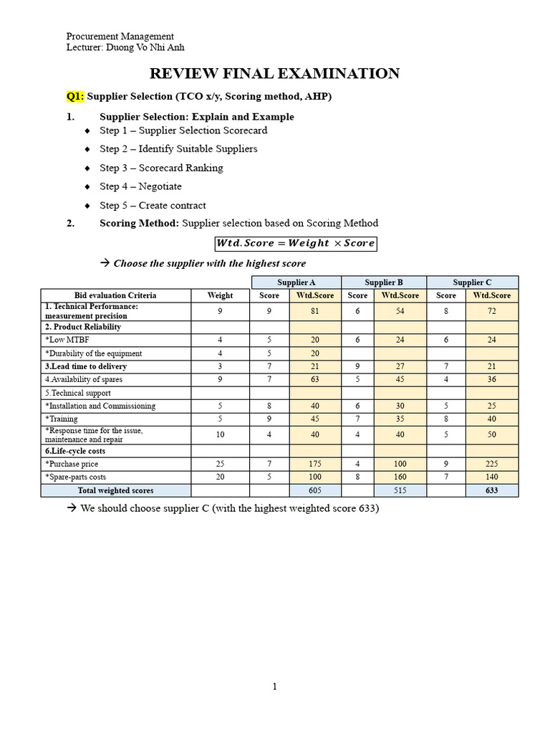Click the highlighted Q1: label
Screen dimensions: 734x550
click(75, 96)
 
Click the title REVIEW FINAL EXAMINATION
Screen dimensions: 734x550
click(274, 73)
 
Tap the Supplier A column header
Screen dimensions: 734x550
click(296, 282)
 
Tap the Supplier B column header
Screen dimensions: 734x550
click(384, 282)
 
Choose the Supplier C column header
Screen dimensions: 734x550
click(472, 282)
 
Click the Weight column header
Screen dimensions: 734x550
click(220, 295)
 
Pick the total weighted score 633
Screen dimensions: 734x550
click(491, 490)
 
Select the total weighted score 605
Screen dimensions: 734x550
click(315, 490)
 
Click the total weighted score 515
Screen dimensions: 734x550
click(400, 490)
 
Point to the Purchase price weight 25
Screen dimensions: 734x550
click(220, 464)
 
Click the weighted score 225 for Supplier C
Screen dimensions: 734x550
click(491, 464)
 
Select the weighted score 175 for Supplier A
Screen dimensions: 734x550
click(315, 464)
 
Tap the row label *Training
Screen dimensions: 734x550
click(62, 419)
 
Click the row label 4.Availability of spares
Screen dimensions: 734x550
click(84, 379)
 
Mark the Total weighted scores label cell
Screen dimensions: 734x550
click(115, 490)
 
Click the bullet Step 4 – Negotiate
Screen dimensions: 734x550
click(140, 186)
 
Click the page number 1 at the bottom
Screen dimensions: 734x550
click(274, 687)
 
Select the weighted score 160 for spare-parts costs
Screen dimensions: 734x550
click(400, 477)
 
